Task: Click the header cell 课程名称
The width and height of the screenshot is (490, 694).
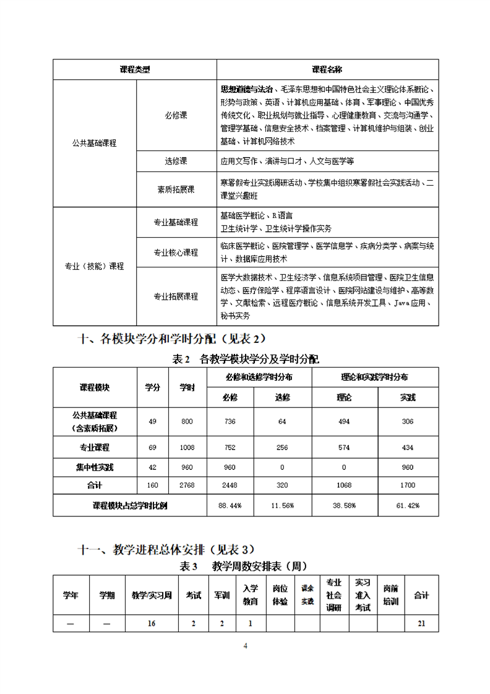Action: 327,69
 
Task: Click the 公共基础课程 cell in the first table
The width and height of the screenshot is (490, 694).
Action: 94,143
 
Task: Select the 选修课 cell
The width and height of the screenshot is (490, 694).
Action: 176,161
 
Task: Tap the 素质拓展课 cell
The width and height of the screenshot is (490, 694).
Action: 176,189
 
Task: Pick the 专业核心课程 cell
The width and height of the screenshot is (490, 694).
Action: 176,253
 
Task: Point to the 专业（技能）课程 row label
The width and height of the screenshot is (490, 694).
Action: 94,266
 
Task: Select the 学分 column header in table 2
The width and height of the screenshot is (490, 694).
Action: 152,387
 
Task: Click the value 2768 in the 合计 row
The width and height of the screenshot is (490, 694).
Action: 187,487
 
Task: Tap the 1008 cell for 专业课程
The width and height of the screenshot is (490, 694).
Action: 187,447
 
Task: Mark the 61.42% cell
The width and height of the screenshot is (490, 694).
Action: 408,506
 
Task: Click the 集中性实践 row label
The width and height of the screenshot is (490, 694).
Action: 94,467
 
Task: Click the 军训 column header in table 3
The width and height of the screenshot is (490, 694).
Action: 221,595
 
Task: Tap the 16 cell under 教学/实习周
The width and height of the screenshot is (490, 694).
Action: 152,623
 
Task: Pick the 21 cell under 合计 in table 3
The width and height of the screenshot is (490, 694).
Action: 421,623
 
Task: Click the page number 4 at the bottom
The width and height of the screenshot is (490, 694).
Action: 245,646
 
